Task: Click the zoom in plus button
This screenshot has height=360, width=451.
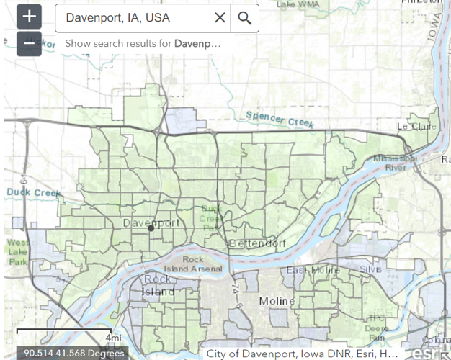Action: pyautogui.click(x=29, y=17)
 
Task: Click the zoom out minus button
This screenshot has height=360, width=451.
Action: pyautogui.click(x=29, y=42)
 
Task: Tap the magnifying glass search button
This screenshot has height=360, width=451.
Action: pyautogui.click(x=245, y=18)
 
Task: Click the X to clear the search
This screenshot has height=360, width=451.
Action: pyautogui.click(x=220, y=18)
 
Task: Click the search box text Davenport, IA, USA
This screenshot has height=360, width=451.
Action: pyautogui.click(x=119, y=18)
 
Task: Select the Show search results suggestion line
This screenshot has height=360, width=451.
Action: pyautogui.click(x=143, y=43)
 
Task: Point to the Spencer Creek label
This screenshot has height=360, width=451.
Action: pyautogui.click(x=280, y=120)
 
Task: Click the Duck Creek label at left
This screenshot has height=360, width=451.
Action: pyautogui.click(x=34, y=192)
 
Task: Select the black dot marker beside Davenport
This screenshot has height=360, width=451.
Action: pyautogui.click(x=151, y=228)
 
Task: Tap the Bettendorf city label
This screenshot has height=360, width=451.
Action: pyautogui.click(x=257, y=243)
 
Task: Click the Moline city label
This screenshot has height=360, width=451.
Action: pyautogui.click(x=277, y=300)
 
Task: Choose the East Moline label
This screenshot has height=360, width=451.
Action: pyautogui.click(x=313, y=270)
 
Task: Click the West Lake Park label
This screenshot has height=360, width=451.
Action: pyautogui.click(x=19, y=252)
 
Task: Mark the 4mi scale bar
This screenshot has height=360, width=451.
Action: pyautogui.click(x=68, y=335)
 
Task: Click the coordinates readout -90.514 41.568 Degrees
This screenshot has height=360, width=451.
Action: pyautogui.click(x=72, y=354)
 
